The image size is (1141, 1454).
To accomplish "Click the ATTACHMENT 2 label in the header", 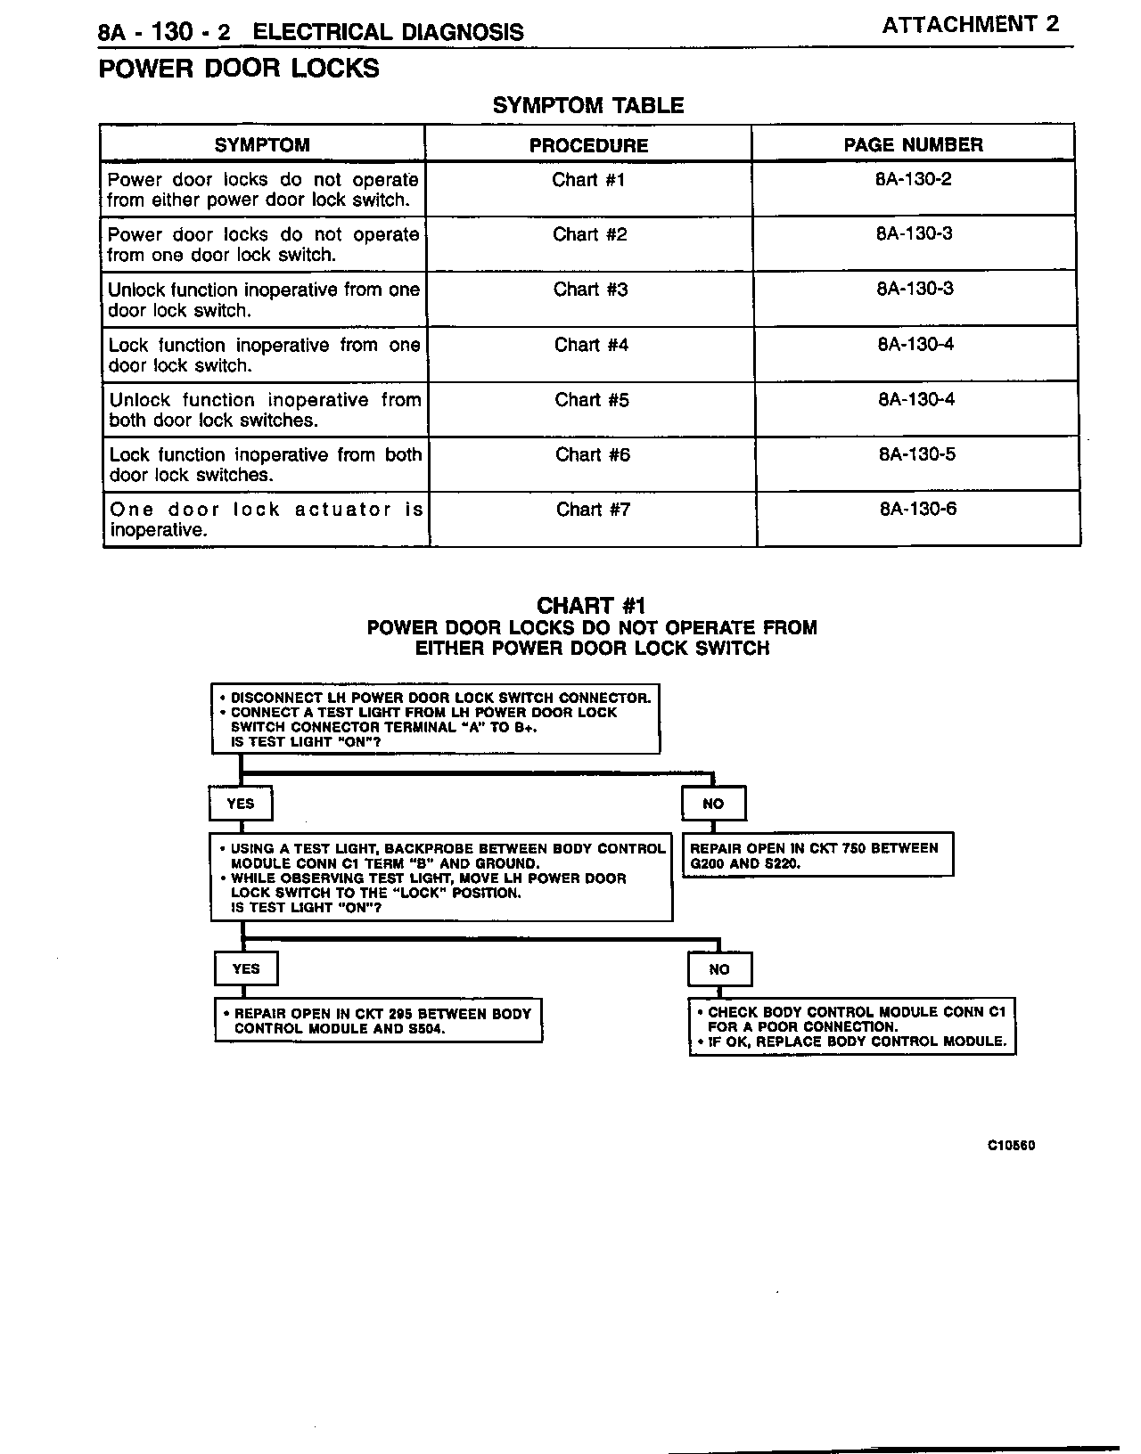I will click(970, 24).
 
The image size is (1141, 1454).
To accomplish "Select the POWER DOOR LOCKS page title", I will click(239, 69).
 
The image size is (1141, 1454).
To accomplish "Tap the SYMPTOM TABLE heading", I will click(588, 105).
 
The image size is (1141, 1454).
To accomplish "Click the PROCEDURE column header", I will click(588, 145).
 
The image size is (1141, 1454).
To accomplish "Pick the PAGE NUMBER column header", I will click(913, 144).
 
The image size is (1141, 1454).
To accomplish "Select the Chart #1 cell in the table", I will click(588, 180).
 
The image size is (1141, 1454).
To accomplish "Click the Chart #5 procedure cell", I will click(592, 400).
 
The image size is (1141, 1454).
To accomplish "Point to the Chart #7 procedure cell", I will click(593, 510).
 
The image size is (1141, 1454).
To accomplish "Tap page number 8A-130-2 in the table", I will click(914, 179).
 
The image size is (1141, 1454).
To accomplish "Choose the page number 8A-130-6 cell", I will click(918, 510).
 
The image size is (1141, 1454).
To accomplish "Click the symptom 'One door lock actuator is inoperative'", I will click(266, 519).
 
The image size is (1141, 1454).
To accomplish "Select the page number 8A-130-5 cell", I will click(917, 454).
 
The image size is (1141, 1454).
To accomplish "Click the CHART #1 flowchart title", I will click(591, 607).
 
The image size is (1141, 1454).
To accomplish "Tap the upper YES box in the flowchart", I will click(241, 804).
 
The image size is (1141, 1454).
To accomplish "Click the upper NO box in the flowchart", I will click(713, 804).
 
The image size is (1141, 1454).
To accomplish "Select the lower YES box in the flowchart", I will click(246, 969).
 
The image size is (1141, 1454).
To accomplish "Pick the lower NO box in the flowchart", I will click(719, 969).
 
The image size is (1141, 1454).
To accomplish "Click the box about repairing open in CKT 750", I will click(817, 855).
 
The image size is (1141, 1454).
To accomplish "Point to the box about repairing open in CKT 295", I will click(379, 1021).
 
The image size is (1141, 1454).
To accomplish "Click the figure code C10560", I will click(1011, 1146).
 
